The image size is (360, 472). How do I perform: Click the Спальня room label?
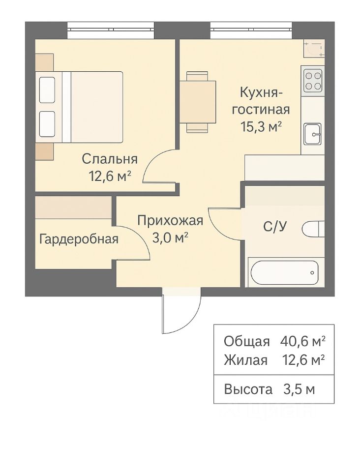[x=110, y=159]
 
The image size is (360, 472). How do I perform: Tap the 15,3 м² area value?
[x=261, y=127]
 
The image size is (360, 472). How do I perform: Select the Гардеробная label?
[x=79, y=239]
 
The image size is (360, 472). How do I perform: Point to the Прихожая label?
[x=170, y=221]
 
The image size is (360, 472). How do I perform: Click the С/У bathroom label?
[x=275, y=226]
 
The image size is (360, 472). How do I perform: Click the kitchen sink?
[x=313, y=134]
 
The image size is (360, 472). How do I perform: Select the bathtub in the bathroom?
[x=283, y=272]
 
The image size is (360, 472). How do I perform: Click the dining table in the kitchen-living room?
[x=198, y=102]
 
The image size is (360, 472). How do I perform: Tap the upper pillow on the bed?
[x=47, y=90]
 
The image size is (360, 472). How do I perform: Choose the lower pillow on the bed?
[x=47, y=124]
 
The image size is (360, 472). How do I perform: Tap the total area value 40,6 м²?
[x=302, y=341]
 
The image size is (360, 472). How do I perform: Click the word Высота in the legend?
[x=248, y=389]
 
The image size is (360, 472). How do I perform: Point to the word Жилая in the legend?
[x=245, y=360]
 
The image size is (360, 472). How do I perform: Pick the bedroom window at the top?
[x=111, y=30]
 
